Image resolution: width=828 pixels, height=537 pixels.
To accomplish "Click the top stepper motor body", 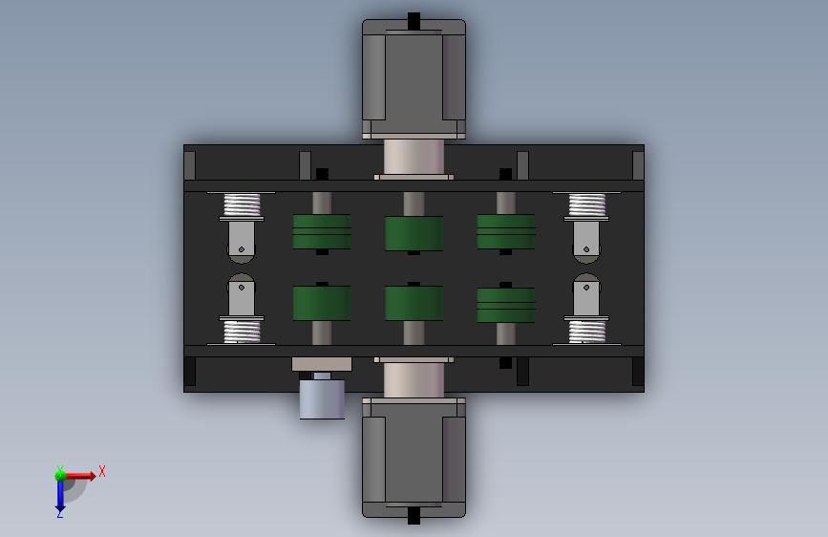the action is [x=414, y=79].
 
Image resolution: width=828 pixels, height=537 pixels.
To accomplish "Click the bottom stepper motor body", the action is [x=414, y=458].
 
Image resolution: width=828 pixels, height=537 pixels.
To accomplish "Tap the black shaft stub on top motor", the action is [x=414, y=21].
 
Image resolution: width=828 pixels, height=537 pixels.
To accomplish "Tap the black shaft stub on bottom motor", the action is [x=414, y=516].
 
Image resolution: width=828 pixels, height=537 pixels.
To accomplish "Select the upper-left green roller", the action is [x=322, y=231].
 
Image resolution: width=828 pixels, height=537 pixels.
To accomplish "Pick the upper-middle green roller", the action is [x=414, y=233].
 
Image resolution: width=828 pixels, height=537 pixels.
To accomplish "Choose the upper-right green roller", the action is [x=506, y=231].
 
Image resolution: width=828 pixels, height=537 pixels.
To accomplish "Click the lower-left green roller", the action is [x=322, y=303].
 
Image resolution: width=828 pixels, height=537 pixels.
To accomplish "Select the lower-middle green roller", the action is [x=414, y=303].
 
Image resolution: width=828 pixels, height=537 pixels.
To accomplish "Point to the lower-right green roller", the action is [x=506, y=305].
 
